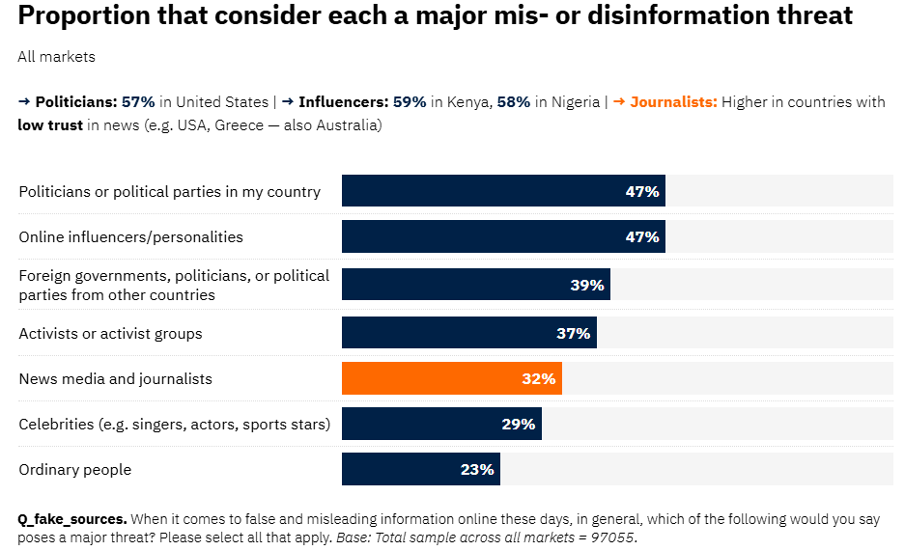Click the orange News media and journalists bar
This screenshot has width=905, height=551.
coord(451,379)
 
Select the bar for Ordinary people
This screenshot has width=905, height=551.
coord(420,470)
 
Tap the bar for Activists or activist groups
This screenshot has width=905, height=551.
coord(468,334)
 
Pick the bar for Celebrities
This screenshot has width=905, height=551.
coord(441,424)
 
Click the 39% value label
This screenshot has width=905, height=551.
coord(587,286)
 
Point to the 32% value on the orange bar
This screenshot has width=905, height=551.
coord(539,379)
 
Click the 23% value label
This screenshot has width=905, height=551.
coord(477,470)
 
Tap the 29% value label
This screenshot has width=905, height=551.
coord(519,424)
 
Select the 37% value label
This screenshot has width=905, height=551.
coord(574,334)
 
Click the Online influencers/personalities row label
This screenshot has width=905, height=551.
coord(131,237)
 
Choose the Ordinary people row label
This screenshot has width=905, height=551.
coord(75,470)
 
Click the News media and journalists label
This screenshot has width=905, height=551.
coord(116,379)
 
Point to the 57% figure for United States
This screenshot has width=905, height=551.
coord(138,102)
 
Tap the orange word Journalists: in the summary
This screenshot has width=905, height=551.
coord(673,102)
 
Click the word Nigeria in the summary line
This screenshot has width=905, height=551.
coord(576,102)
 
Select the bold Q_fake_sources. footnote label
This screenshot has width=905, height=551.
coord(72,519)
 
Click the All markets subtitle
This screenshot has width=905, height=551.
coord(56,57)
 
